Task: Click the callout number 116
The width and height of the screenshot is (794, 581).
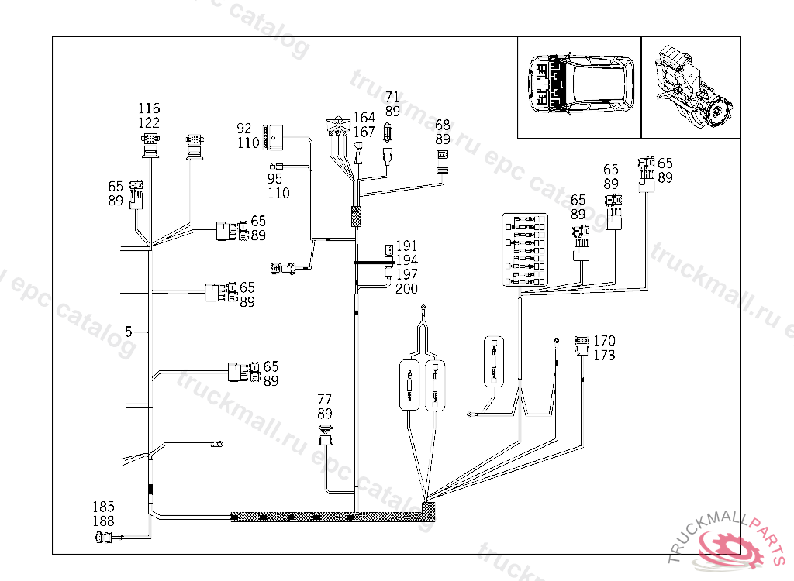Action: coord(149,108)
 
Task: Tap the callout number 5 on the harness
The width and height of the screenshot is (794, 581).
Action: coord(129,332)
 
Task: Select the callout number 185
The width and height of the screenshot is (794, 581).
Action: coord(104,508)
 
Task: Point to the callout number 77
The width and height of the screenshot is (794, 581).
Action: coord(324,400)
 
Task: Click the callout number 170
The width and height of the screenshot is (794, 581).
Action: coord(604,341)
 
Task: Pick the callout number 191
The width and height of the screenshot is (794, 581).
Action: coord(406,246)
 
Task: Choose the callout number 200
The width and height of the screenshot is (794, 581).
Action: coord(406,289)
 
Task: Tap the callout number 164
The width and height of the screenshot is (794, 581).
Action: coord(364,118)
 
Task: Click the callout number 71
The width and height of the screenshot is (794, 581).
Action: coord(392,98)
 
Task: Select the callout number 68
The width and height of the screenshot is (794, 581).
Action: coord(442,125)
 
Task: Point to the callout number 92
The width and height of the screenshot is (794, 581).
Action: coord(244,129)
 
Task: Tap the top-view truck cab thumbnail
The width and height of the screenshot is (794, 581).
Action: coord(579,88)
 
